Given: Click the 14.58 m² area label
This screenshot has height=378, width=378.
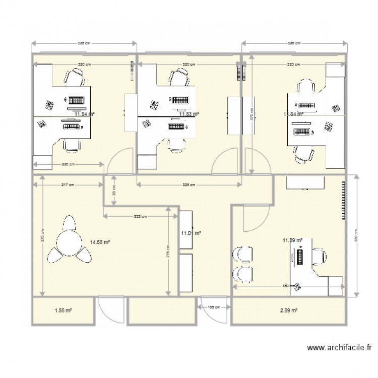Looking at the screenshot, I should [x=100, y=242].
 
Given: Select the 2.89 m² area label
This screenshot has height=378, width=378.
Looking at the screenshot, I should [x=289, y=311].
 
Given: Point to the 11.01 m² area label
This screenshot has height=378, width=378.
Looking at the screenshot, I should [x=191, y=233].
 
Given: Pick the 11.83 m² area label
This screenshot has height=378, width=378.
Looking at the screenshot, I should [x=188, y=114].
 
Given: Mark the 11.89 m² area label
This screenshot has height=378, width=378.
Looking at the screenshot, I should [x=293, y=241].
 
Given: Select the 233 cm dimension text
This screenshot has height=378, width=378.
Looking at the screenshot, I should [x=141, y=216].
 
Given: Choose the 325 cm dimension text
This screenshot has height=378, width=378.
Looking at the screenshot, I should [x=188, y=185].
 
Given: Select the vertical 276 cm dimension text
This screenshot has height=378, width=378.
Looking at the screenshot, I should [x=168, y=250].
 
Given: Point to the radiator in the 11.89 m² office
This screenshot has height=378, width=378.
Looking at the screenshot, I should [x=344, y=199].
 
